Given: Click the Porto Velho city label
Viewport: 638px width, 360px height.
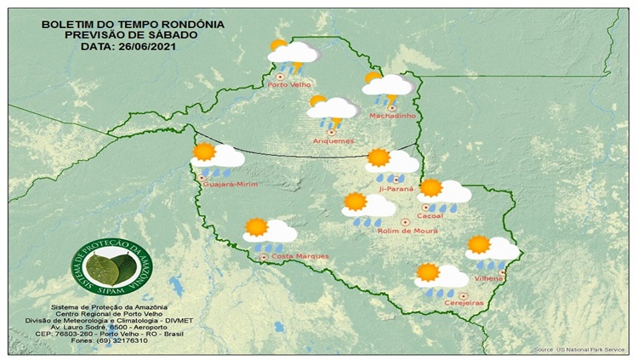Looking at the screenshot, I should [x=289, y=85].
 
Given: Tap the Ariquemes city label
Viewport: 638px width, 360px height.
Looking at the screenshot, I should [x=333, y=140].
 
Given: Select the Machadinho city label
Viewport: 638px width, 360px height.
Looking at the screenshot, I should [x=390, y=116].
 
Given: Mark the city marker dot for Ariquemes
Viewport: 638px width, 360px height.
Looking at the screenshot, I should [x=330, y=132].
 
